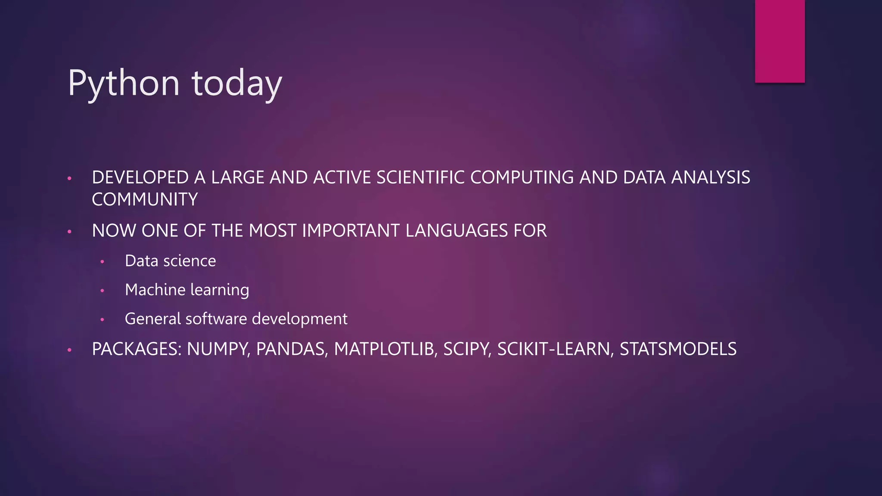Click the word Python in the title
coord(124,83)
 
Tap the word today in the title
coord(237,83)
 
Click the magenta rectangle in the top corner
coord(780,41)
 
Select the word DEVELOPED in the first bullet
coord(140,177)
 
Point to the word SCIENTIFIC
coord(420,177)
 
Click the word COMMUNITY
coord(145,199)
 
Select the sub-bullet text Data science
coord(170,261)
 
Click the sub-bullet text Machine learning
coord(187,290)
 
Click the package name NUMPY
coord(218,349)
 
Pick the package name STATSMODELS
coord(678,349)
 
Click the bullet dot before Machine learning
coord(102,291)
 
